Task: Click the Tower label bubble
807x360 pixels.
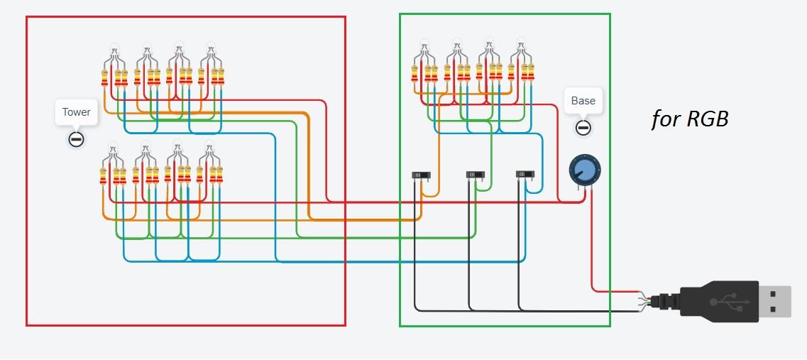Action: click(x=76, y=112)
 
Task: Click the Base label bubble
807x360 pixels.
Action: click(x=583, y=101)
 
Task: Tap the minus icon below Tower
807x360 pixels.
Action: click(x=76, y=139)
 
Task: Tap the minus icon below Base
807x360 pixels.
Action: click(x=583, y=128)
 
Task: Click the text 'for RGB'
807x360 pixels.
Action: click(x=690, y=119)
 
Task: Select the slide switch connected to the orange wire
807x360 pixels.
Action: click(x=422, y=175)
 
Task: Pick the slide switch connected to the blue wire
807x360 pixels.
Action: click(x=525, y=175)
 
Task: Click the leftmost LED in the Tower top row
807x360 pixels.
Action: click(x=114, y=52)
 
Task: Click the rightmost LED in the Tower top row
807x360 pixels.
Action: click(x=211, y=50)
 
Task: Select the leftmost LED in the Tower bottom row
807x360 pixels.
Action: click(x=112, y=151)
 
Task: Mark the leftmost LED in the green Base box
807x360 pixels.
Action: click(x=424, y=48)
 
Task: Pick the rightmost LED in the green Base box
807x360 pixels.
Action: click(x=521, y=45)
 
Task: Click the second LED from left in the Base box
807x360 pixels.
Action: click(x=456, y=48)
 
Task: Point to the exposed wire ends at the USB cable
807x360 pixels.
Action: click(x=648, y=300)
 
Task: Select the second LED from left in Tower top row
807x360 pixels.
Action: click(x=146, y=52)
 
